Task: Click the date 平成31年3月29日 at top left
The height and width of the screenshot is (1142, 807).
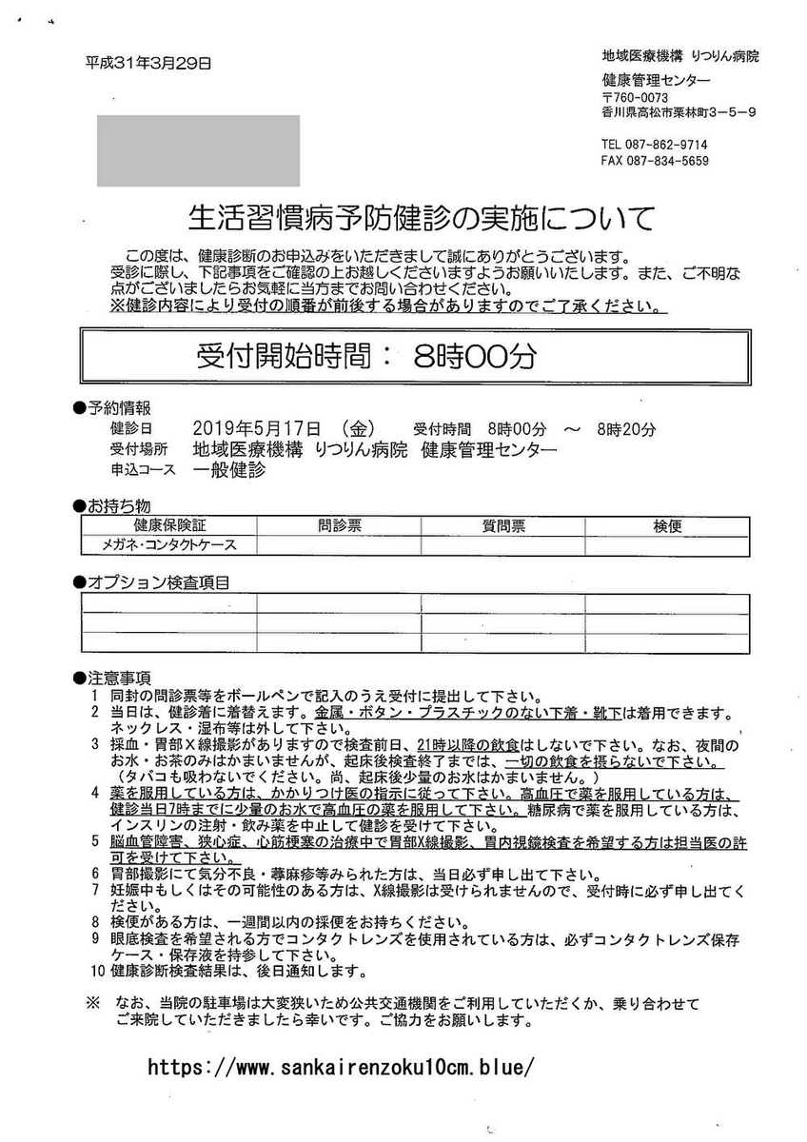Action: (x=148, y=64)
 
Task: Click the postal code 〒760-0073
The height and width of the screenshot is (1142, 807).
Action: (x=636, y=97)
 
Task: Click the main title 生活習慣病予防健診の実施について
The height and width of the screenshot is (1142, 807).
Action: (x=421, y=218)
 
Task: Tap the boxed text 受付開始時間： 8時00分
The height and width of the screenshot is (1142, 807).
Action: (x=366, y=357)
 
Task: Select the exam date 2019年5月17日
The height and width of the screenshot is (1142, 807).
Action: (x=256, y=428)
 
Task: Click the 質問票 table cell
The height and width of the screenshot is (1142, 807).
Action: (x=502, y=525)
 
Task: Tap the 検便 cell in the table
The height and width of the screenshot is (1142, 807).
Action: (x=667, y=525)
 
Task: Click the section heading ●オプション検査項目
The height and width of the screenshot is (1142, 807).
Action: (x=151, y=581)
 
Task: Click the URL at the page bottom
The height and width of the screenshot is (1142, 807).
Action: (x=341, y=1066)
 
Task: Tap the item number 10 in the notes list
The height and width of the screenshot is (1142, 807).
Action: (x=95, y=972)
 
